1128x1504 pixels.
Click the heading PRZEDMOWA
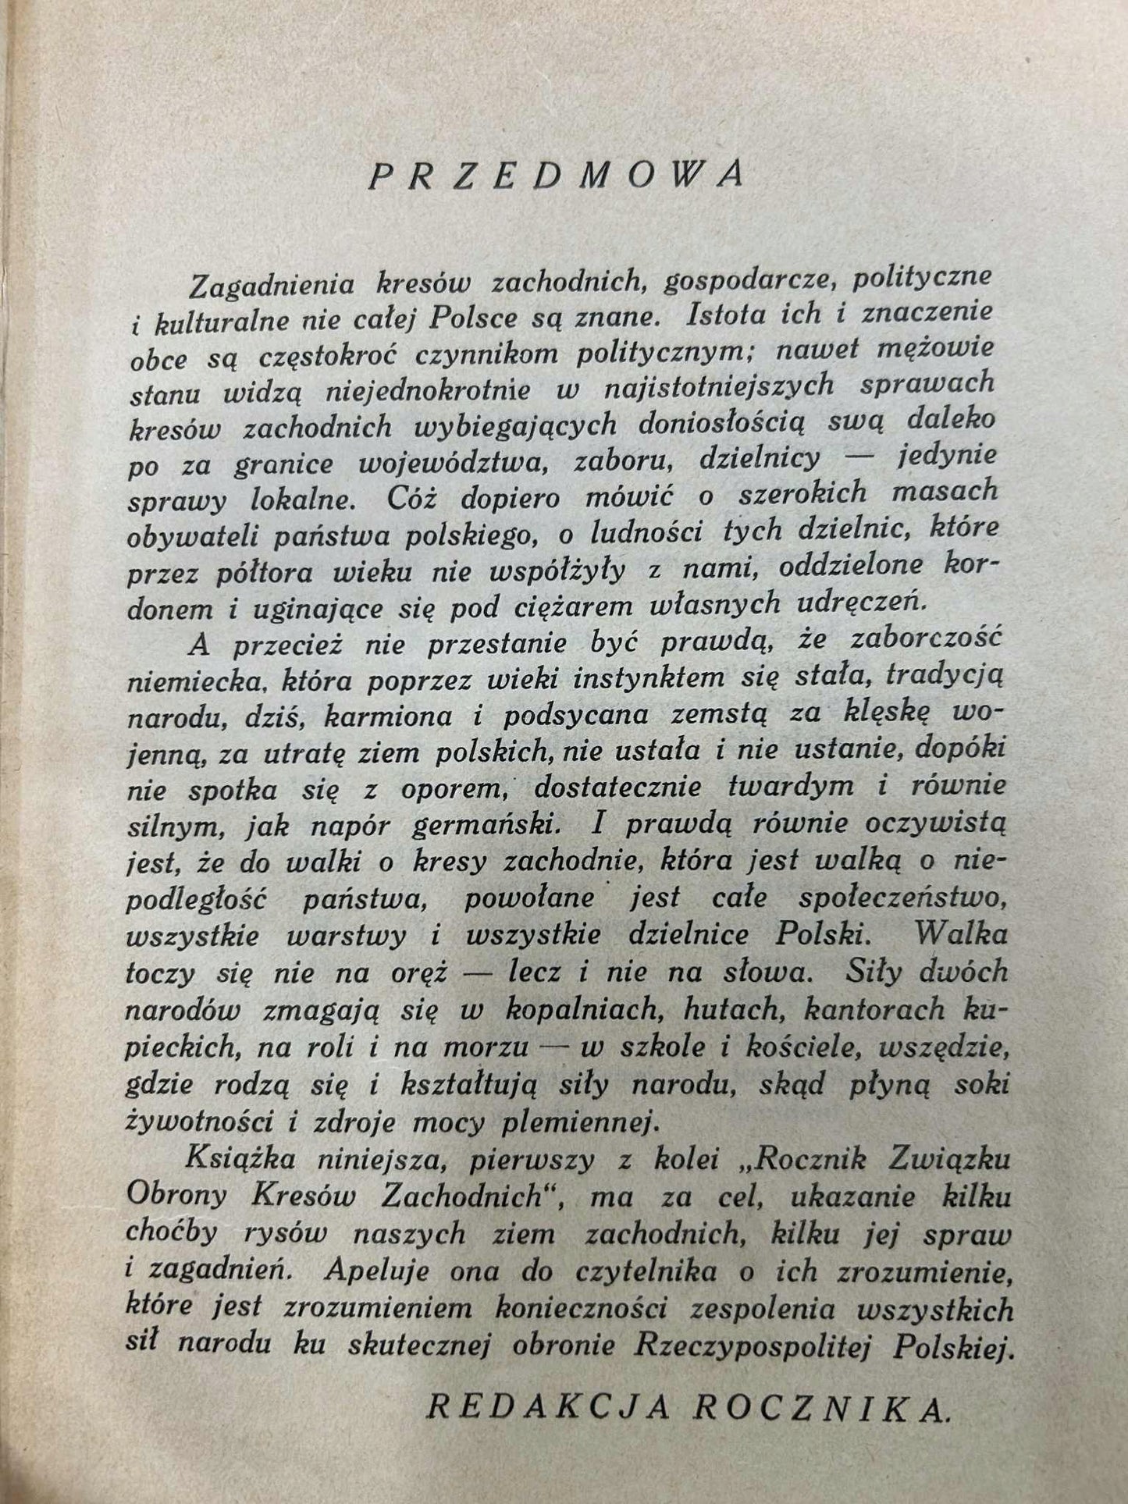coord(555,177)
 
